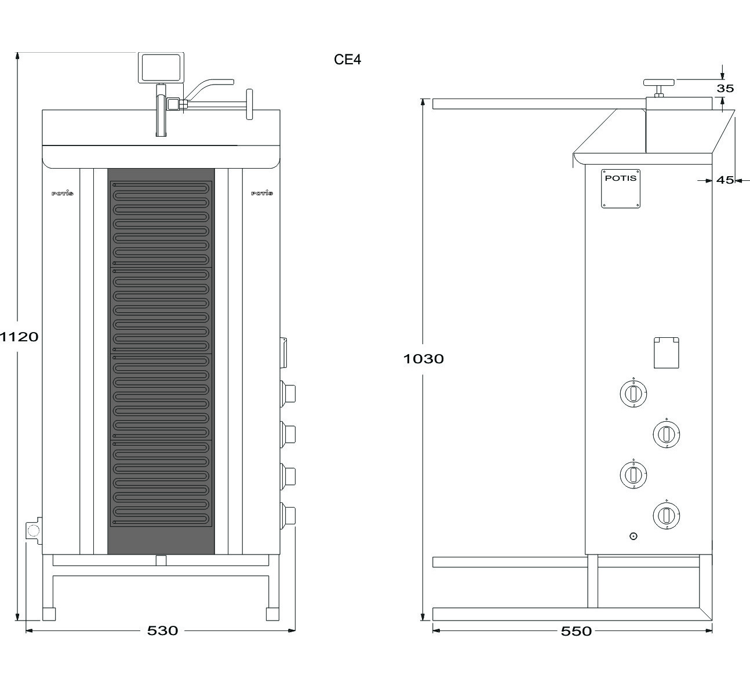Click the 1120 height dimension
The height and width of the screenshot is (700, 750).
click(x=19, y=337)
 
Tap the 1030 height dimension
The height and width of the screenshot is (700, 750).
click(x=423, y=359)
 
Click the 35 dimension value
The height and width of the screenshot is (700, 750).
click(x=725, y=88)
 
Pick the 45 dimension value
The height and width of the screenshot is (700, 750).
click(x=725, y=180)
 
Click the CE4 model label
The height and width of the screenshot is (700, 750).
click(x=347, y=60)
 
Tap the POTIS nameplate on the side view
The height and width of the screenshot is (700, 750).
click(x=621, y=189)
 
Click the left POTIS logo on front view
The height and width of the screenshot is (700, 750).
click(x=63, y=193)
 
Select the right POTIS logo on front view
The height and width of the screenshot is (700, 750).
click(x=262, y=193)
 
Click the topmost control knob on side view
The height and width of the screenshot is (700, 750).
click(x=634, y=393)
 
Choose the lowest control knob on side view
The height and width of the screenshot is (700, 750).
click(x=667, y=515)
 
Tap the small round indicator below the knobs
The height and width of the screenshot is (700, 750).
click(x=634, y=536)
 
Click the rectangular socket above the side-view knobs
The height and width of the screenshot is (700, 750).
click(x=667, y=353)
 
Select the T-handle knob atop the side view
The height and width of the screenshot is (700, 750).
click(x=659, y=88)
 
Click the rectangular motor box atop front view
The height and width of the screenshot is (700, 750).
click(x=161, y=68)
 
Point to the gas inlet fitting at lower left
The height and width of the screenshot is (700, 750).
click(x=33, y=530)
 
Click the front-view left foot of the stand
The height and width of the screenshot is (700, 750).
click(x=49, y=614)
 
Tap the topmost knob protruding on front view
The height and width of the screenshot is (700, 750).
click(x=287, y=394)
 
